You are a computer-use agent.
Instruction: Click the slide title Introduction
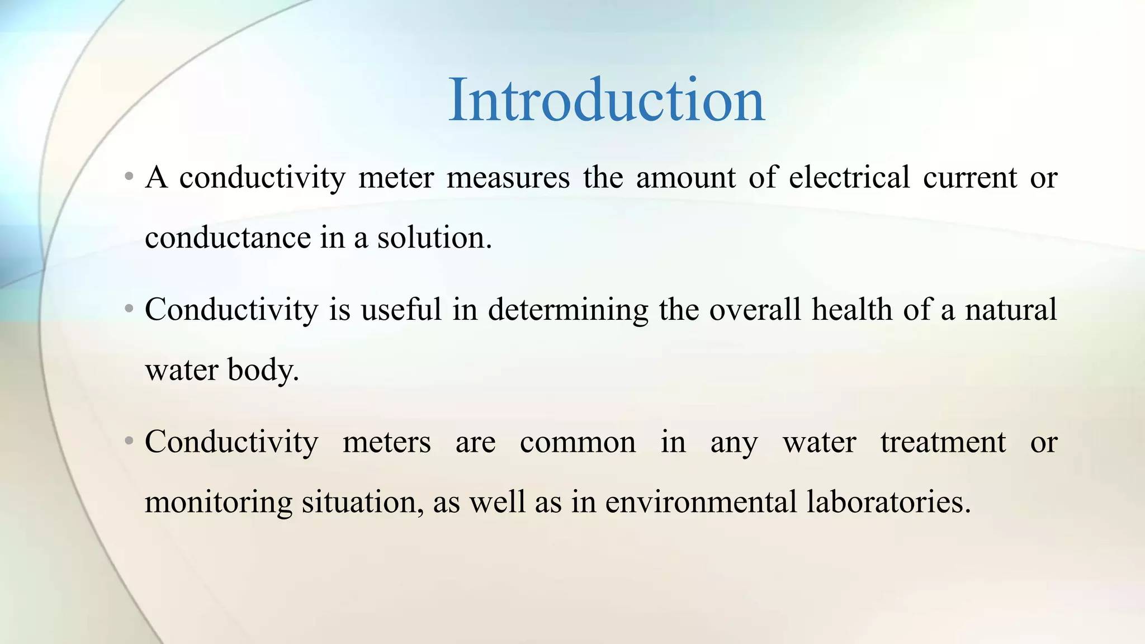pyautogui.click(x=606, y=101)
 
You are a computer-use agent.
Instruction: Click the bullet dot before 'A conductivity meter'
pyautogui.click(x=129, y=177)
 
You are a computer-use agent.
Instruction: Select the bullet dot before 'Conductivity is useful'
pyautogui.click(x=129, y=309)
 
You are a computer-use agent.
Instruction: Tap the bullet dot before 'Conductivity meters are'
pyautogui.click(x=129, y=442)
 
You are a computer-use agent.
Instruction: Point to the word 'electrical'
pyautogui.click(x=849, y=178)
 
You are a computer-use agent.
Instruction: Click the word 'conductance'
pyautogui.click(x=228, y=238)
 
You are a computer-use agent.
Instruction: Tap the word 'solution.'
pyautogui.click(x=434, y=238)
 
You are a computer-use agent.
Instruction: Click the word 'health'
pyautogui.click(x=852, y=310)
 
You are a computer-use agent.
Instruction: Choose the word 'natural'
pyautogui.click(x=1011, y=310)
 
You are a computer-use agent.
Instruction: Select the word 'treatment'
pyautogui.click(x=943, y=443)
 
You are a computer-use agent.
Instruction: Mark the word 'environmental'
pyautogui.click(x=701, y=502)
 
